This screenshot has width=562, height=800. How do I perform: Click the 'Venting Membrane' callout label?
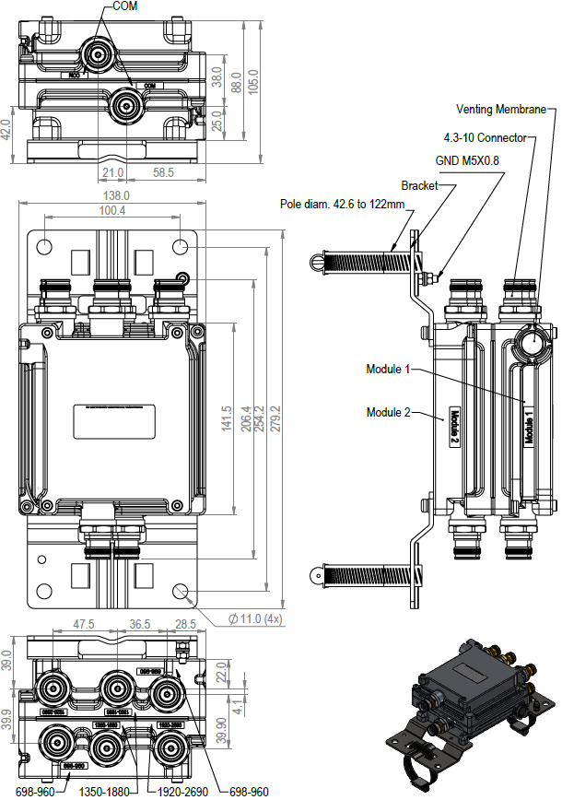[x=508, y=109]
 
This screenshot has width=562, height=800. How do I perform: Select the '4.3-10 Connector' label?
[x=485, y=138]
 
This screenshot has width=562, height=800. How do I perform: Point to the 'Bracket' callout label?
[x=419, y=185]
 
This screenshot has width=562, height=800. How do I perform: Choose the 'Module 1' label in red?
[x=388, y=370]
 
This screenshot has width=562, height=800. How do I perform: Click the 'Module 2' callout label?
[x=388, y=412]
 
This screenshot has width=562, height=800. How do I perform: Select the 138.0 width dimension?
[x=115, y=195]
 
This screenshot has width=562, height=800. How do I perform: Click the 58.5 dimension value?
[x=164, y=172]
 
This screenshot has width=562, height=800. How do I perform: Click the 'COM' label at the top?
[x=126, y=6]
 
